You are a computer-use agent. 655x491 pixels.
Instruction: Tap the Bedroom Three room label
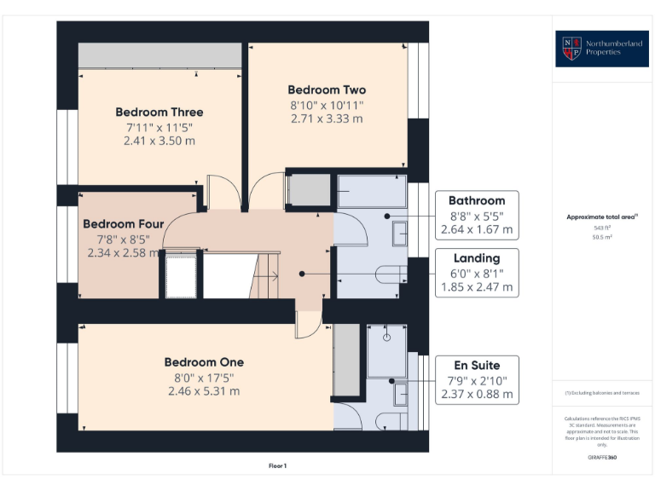pos(159,112)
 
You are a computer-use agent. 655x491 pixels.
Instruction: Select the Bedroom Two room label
pos(327,90)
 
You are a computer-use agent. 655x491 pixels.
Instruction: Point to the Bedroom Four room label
pos(123,224)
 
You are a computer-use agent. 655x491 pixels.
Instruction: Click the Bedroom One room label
pos(204,362)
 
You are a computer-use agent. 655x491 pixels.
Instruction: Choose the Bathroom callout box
pos(477,214)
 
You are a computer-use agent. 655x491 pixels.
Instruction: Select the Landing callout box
pos(477,273)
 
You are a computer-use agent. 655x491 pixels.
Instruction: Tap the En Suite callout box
pos(477,378)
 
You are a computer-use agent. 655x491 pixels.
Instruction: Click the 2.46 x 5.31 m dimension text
pos(204,391)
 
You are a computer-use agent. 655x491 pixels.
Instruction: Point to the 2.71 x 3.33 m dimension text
pos(327,118)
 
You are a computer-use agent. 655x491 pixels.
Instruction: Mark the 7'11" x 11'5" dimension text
pos(159,126)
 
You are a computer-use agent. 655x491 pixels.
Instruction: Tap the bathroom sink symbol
pos(400,233)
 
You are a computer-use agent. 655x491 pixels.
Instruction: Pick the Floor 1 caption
pos(277,466)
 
